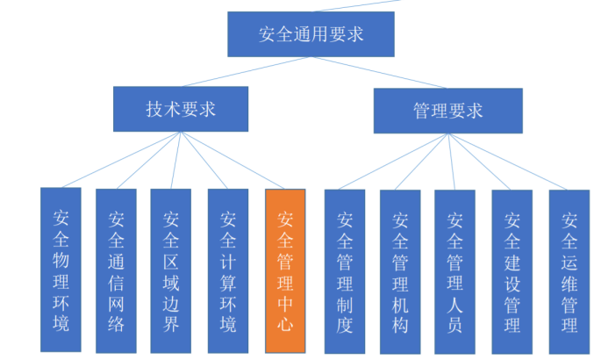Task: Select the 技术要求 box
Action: coord(180,109)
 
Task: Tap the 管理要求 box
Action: coord(447,111)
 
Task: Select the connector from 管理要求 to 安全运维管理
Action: coord(508,162)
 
